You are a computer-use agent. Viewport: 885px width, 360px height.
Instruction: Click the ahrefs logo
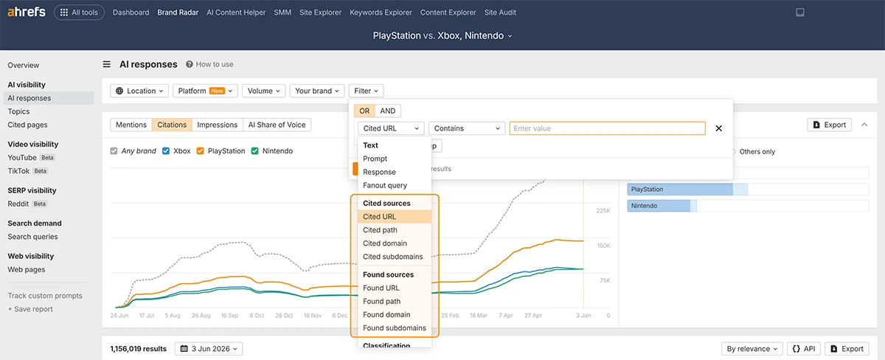pos(27,12)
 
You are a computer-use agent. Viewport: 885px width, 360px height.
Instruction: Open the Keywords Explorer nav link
pos(381,13)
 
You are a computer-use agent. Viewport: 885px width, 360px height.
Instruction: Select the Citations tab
pos(172,125)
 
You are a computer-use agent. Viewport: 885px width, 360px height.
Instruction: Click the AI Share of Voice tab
pos(277,125)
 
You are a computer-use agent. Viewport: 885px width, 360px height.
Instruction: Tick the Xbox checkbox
pos(166,151)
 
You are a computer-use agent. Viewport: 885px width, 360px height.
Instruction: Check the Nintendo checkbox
pos(255,151)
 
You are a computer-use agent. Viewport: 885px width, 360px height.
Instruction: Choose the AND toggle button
pos(388,111)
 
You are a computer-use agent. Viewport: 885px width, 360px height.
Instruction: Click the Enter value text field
pos(607,128)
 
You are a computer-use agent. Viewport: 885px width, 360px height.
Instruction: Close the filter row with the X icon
pos(718,128)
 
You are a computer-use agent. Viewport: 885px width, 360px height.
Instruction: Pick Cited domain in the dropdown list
pos(385,243)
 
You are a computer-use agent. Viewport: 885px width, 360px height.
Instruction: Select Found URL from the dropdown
pos(381,288)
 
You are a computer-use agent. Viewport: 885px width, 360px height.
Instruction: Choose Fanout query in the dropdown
pos(385,185)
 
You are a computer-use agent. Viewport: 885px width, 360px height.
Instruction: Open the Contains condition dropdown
pos(467,128)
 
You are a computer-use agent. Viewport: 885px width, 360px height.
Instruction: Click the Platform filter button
pos(205,91)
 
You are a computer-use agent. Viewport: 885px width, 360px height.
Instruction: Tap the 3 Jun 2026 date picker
pos(209,348)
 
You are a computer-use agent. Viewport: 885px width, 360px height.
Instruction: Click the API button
pos(804,348)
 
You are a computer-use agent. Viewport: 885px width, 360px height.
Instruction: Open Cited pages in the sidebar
pos(28,125)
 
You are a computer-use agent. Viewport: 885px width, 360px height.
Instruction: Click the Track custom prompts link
pos(45,296)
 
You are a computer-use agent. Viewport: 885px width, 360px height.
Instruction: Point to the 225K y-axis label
pos(603,211)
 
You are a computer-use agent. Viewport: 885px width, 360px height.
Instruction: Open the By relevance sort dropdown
pos(752,348)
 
